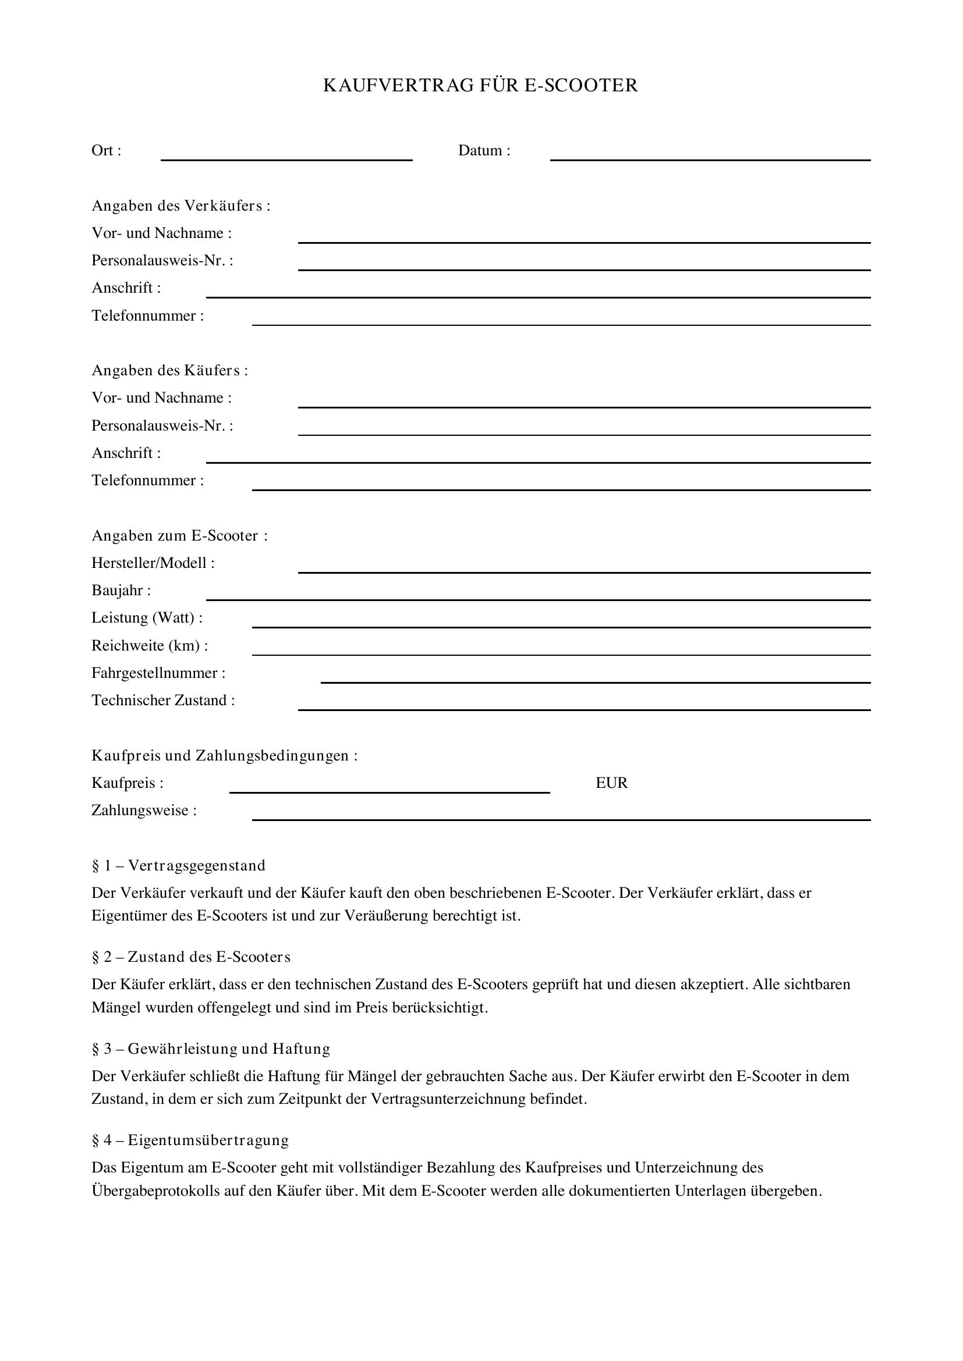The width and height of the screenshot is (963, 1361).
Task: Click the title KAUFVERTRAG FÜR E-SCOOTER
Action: pyautogui.click(x=480, y=86)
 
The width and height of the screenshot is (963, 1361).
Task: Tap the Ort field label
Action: pyautogui.click(x=106, y=151)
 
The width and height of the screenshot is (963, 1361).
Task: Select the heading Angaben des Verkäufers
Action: pyautogui.click(x=181, y=205)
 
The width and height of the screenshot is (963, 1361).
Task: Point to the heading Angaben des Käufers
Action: pyautogui.click(x=169, y=371)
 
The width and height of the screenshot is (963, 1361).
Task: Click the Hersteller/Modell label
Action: pyautogui.click(x=153, y=563)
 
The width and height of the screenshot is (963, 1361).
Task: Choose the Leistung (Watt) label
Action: pyautogui.click(x=147, y=618)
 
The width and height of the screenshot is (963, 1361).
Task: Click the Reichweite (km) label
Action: pyautogui.click(x=150, y=645)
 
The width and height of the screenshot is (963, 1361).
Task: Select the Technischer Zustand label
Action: pyautogui.click(x=163, y=701)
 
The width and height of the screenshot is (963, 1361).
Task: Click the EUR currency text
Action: pyautogui.click(x=611, y=783)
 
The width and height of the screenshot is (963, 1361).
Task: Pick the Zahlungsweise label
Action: pyautogui.click(x=144, y=811)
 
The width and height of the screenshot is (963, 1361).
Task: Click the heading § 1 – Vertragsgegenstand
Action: pyautogui.click(x=179, y=865)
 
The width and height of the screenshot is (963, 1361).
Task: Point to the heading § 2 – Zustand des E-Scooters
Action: pyautogui.click(x=191, y=957)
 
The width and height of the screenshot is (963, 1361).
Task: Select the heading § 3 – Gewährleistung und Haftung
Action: pyautogui.click(x=211, y=1049)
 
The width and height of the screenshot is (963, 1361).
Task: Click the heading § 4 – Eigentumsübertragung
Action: pyautogui.click(x=190, y=1140)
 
